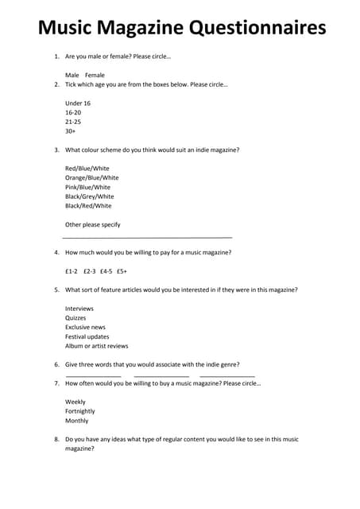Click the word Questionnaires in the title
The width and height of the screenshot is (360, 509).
[x=257, y=29]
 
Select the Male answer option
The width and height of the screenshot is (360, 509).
[x=72, y=76]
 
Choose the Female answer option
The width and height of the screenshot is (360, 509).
[x=95, y=76]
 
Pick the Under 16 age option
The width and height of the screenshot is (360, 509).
[x=78, y=103]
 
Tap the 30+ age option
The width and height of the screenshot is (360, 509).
[x=70, y=131]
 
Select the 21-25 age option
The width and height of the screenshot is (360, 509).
[x=73, y=122]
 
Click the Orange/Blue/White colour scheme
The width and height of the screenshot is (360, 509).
[x=91, y=178]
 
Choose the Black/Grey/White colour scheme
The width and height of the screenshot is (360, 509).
[x=89, y=196]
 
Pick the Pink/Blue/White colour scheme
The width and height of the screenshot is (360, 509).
[x=87, y=187]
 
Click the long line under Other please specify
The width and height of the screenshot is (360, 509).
[x=147, y=237]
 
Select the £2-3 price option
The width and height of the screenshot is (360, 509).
[x=90, y=271]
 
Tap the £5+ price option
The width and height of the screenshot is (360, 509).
[x=122, y=271]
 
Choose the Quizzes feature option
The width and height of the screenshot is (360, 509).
[x=75, y=318]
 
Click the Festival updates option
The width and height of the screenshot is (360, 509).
[x=87, y=336]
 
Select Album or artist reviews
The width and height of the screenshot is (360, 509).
[x=96, y=346]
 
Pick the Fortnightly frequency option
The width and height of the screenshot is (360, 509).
[x=79, y=411]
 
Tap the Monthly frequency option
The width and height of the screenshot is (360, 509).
[x=76, y=421]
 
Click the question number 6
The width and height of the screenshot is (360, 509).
[x=56, y=364]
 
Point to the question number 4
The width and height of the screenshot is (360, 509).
[x=56, y=252]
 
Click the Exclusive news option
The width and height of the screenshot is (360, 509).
[x=85, y=327]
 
